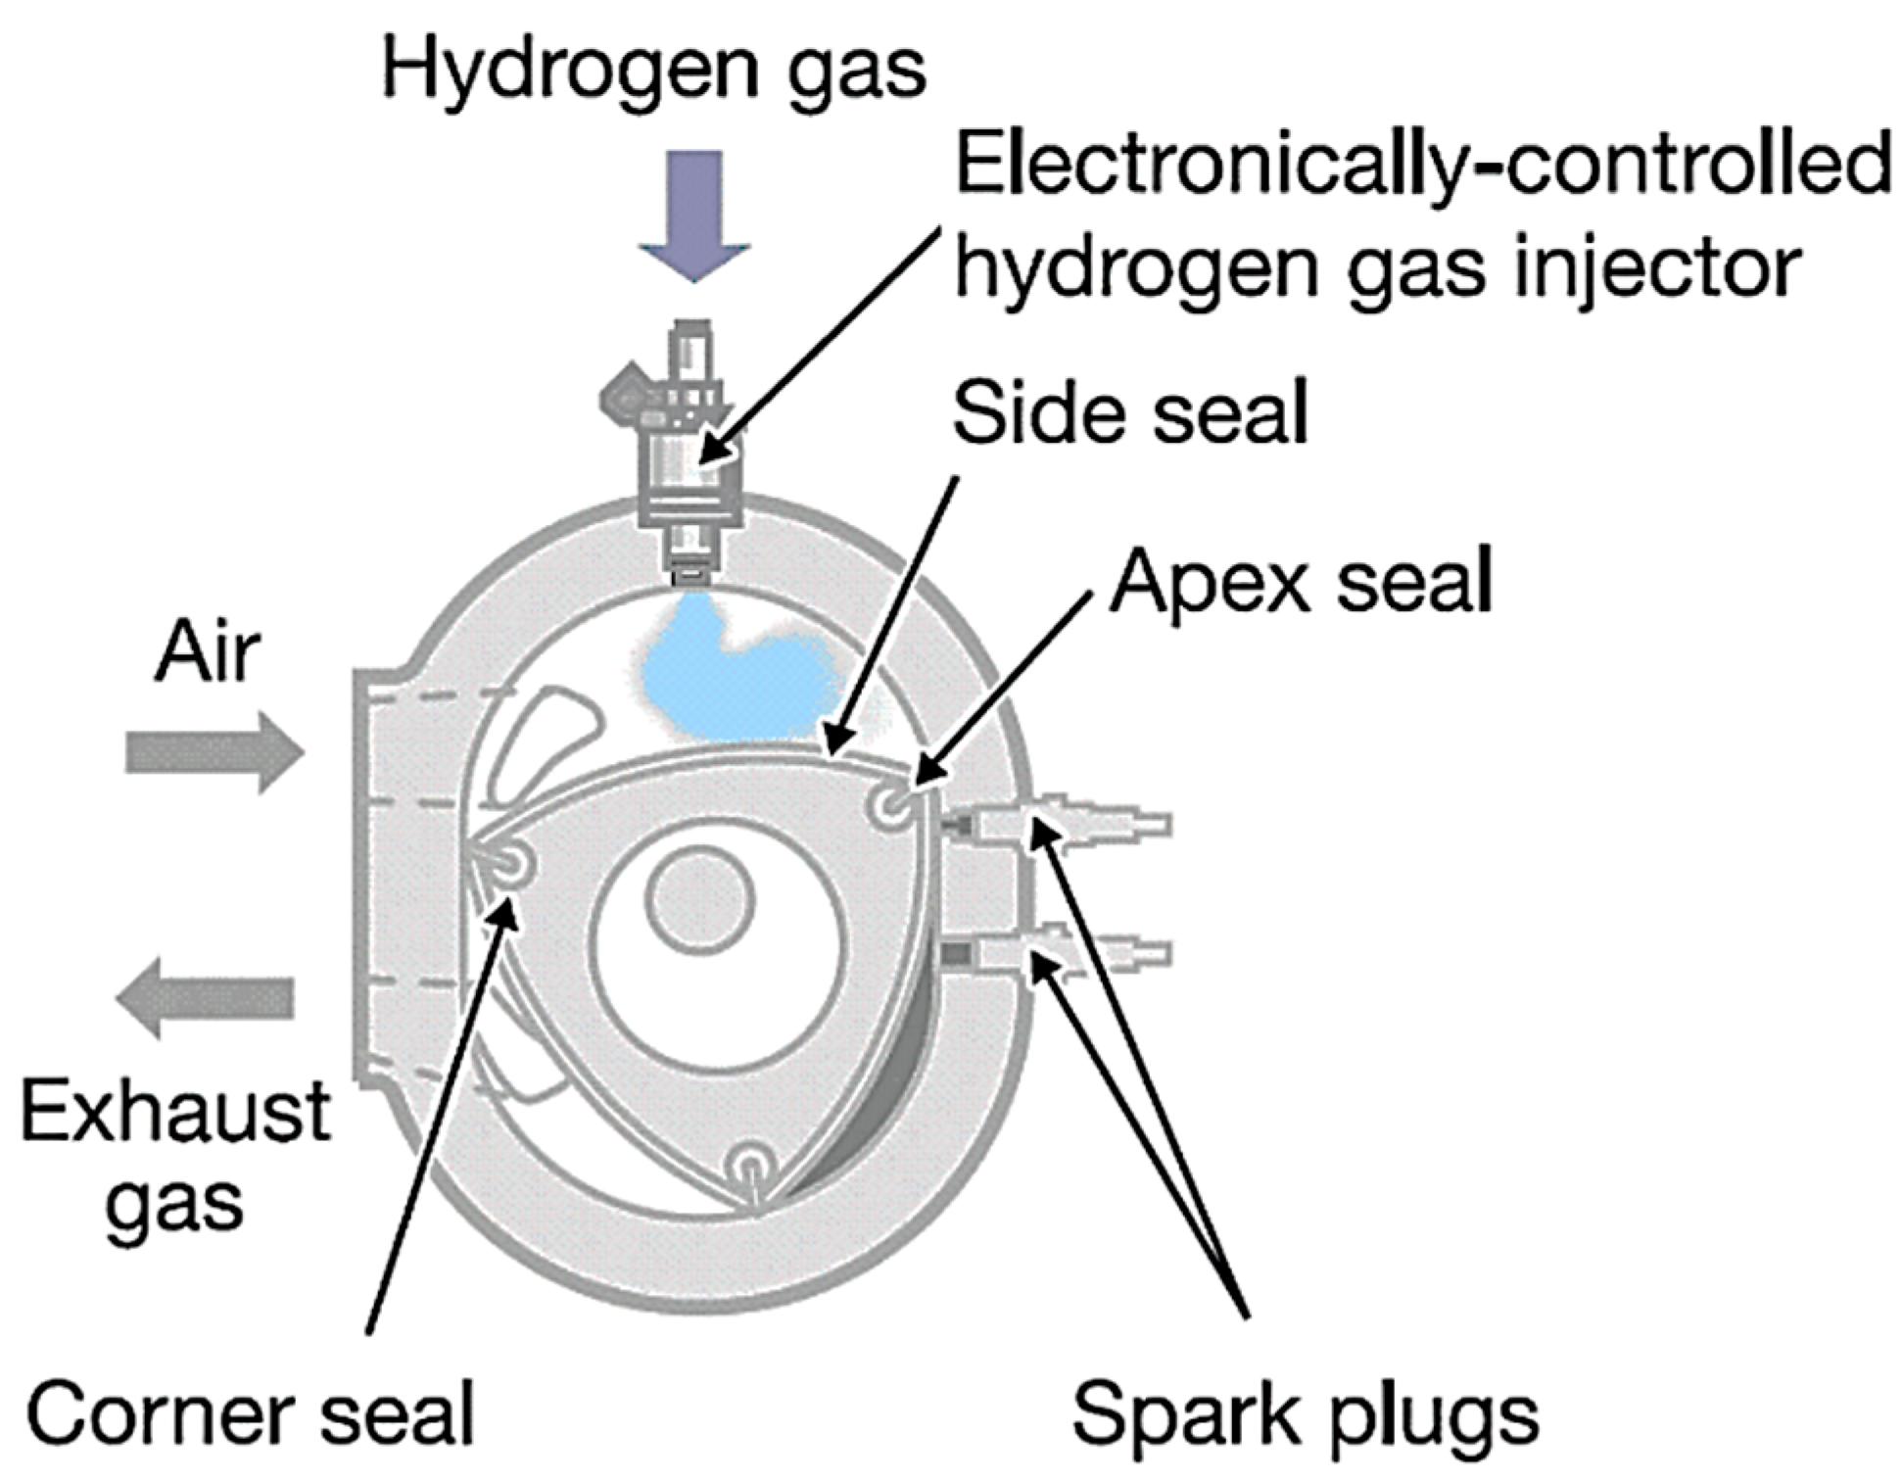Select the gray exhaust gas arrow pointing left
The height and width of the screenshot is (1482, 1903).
pos(205,997)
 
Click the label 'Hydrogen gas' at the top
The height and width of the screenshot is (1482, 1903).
pos(653,71)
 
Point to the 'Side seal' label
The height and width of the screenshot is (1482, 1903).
pos(1129,412)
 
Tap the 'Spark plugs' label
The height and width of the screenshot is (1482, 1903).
pos(1305,1415)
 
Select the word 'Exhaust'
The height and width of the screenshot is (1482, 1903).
pos(176,1112)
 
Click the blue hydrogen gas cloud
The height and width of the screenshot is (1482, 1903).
pos(730,676)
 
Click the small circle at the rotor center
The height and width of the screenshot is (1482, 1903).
pos(699,900)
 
